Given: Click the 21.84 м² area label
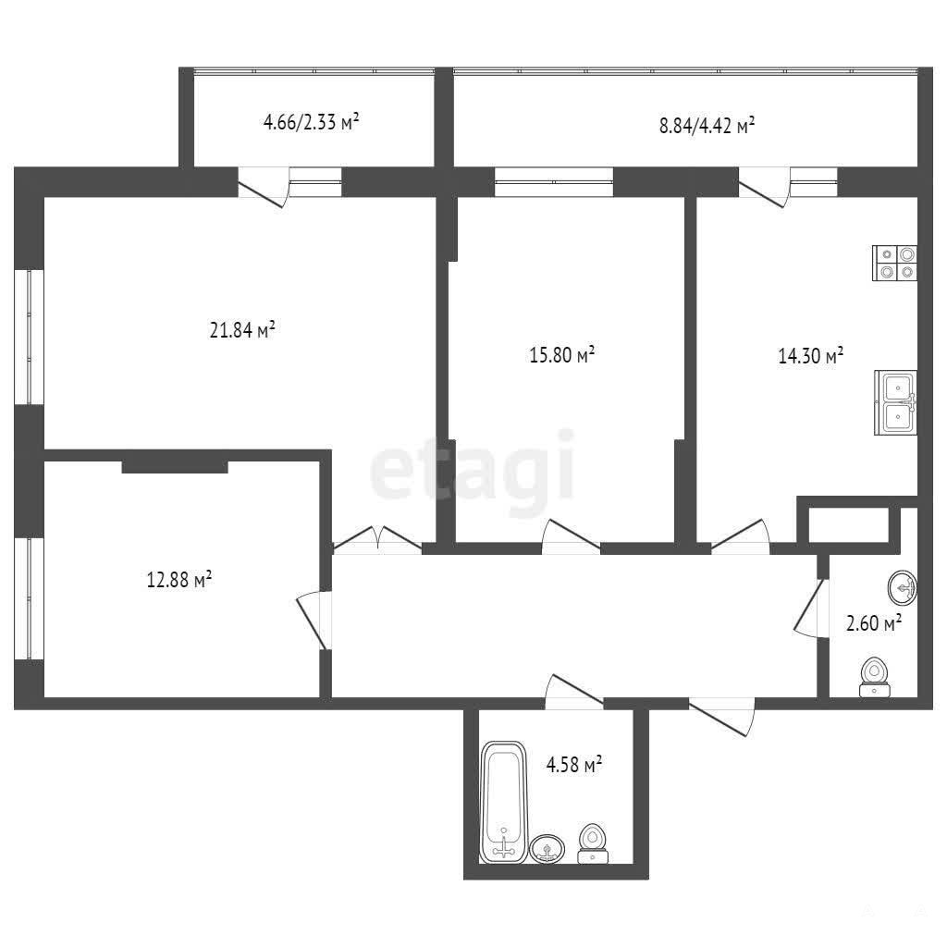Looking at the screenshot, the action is coord(242,330).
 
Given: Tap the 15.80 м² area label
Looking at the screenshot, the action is coord(561,354).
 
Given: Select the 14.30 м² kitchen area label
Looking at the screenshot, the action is coord(810,355).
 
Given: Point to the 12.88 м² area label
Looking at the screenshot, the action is coord(179,580).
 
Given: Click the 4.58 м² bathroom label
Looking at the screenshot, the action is coord(573,765).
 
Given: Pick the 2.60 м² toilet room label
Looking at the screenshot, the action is coord(874,622).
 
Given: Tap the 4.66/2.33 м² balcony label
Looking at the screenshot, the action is coord(311,123).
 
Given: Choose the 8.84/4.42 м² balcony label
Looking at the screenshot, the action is coord(707,126).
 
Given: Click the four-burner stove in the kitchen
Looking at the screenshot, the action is coord(894,263).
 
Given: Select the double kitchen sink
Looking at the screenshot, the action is coord(895,402).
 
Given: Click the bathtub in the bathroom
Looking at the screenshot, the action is coord(504,802).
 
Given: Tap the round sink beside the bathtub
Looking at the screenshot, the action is coord(547,849).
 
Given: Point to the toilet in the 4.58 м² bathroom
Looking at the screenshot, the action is coord(593,843).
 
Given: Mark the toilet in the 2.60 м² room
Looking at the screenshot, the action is coord(875,677).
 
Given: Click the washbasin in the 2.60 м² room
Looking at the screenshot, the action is coord(903,587).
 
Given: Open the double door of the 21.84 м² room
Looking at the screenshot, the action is coord(377,539).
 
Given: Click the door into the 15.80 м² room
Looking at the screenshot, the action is coord(572,535).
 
